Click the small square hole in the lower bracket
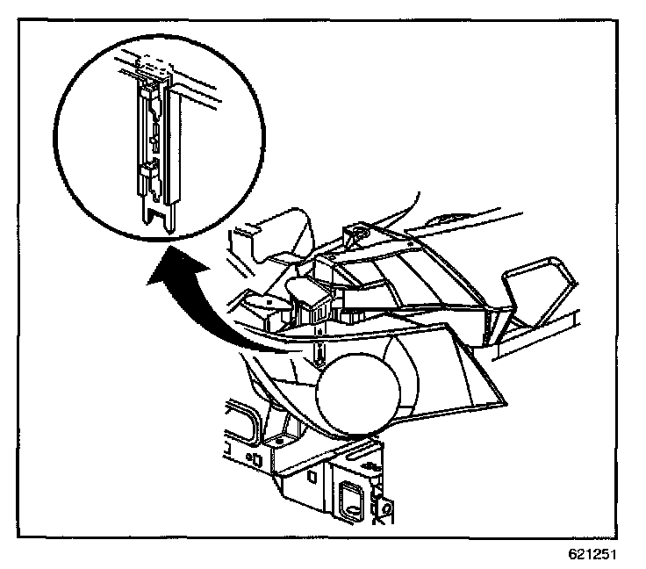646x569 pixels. click(312, 477)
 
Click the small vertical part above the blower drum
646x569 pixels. click(320, 353)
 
